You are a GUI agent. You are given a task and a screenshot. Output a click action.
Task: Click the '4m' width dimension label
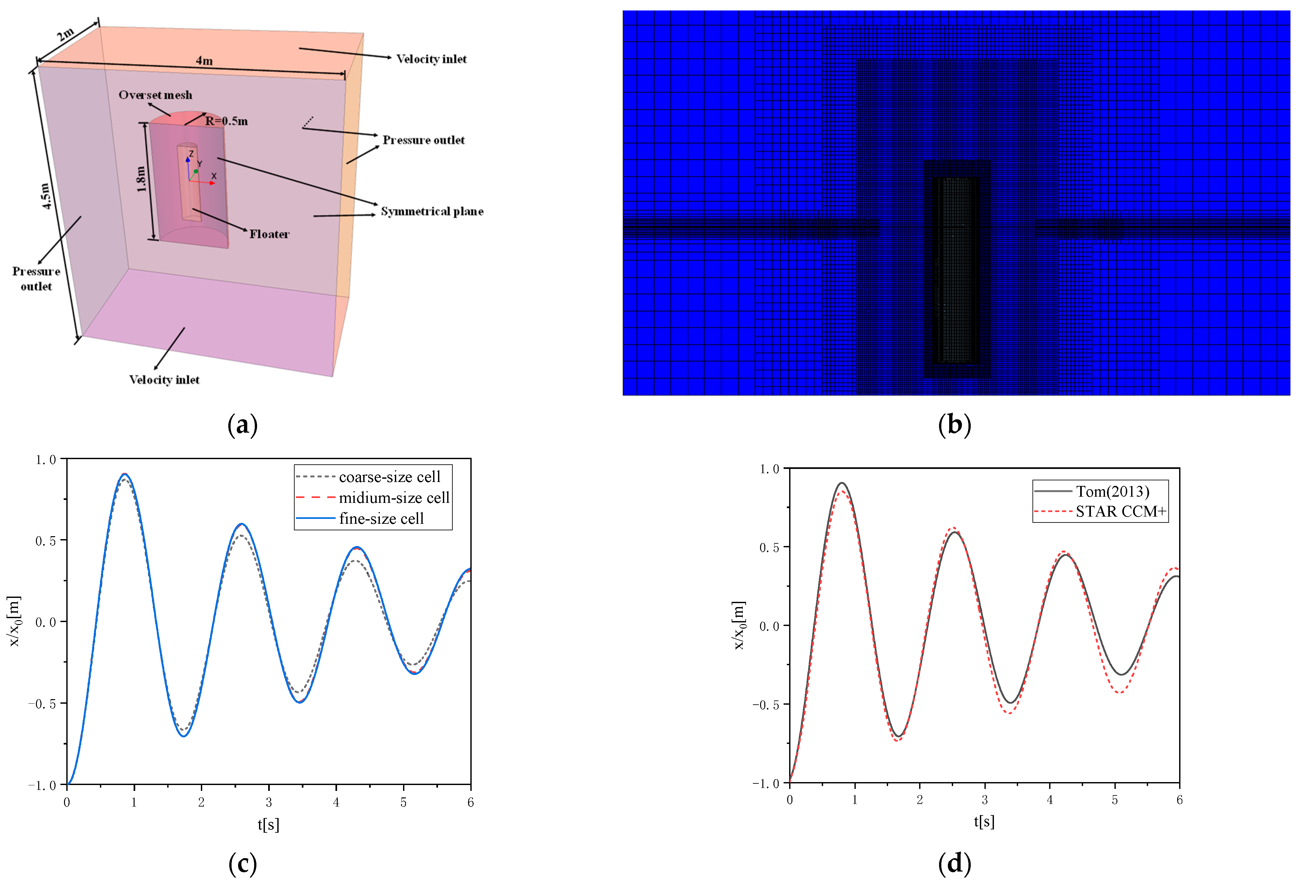pos(204,60)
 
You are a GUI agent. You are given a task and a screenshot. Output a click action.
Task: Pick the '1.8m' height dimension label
pos(141,179)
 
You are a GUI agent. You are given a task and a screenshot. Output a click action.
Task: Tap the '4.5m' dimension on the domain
pos(46,196)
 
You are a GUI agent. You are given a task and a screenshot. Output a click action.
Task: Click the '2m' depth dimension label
pos(65,35)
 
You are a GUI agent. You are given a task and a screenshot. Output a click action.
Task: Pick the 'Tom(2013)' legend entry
pos(1112,491)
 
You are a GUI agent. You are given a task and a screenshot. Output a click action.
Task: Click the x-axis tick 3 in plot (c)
pos(269,803)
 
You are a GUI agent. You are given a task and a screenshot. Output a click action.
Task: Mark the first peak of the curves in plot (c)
pos(124,474)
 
